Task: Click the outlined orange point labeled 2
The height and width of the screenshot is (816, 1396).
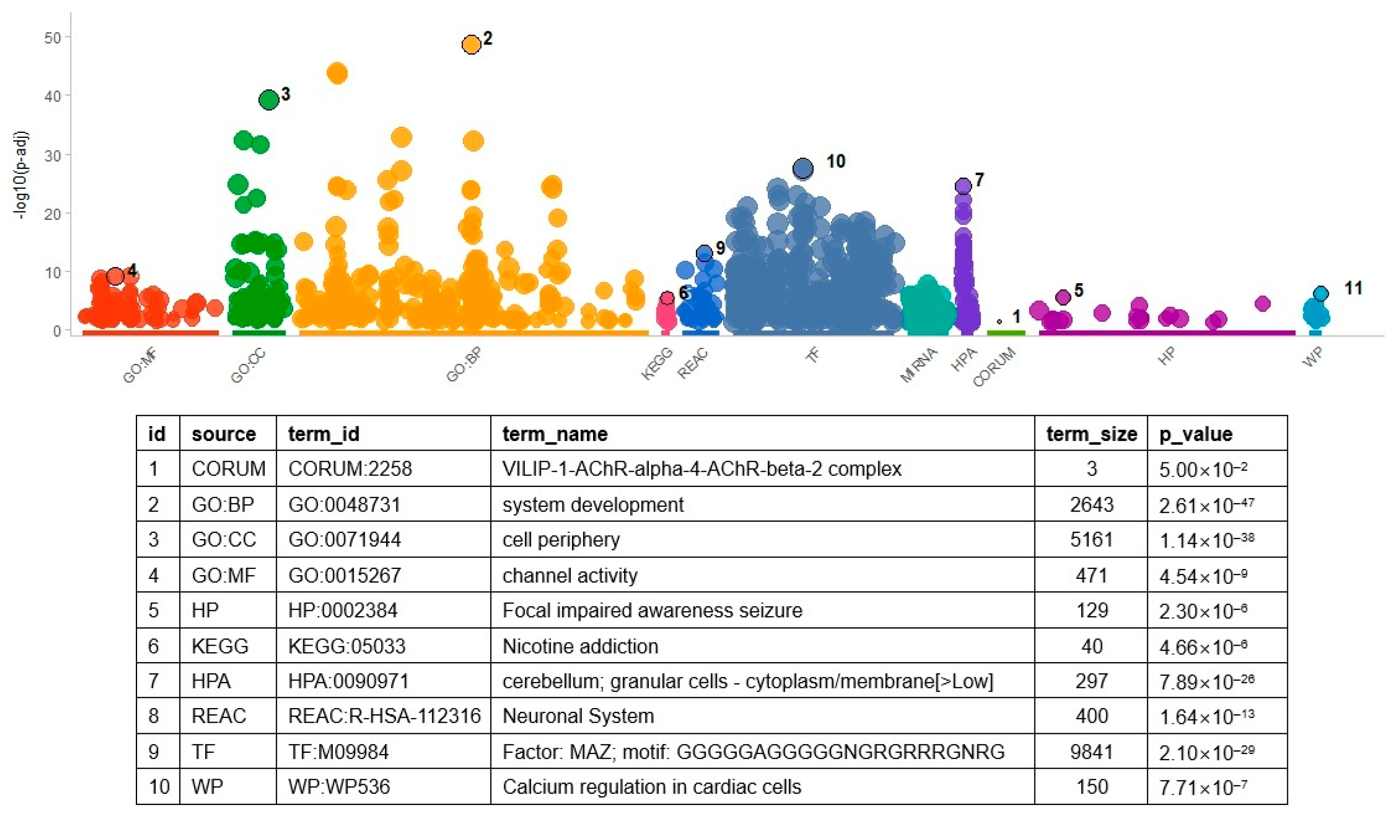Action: point(471,44)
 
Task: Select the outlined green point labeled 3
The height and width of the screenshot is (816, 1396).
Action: point(269,100)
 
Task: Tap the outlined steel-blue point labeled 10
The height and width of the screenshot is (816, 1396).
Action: point(803,168)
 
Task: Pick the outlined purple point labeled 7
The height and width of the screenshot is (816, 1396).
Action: point(963,185)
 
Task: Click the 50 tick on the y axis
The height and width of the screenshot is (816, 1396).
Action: point(53,38)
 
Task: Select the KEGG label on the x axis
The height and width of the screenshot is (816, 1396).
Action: point(657,363)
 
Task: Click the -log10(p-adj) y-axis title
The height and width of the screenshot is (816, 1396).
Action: point(21,175)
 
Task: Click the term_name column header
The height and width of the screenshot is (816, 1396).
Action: point(554,434)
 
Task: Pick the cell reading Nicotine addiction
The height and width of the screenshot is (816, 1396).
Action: point(580,646)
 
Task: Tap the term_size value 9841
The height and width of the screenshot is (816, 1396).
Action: point(1092,752)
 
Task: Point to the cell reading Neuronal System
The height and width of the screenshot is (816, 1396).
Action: point(578,716)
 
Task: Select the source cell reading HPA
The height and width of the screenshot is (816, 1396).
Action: point(211,681)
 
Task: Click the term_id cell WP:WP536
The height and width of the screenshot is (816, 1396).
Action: point(339,786)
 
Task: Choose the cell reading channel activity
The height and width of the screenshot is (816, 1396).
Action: point(570,575)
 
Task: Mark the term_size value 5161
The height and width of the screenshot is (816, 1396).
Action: point(1092,539)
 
